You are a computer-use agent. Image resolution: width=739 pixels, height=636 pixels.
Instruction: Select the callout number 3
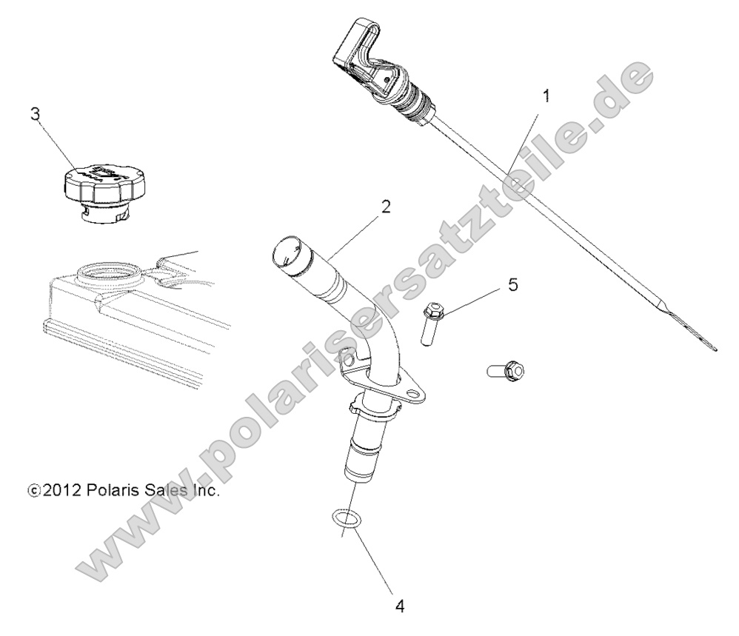35,114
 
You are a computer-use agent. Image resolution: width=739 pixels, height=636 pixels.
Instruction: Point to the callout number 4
400,606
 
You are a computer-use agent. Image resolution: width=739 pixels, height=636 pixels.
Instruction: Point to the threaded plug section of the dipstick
409,102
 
